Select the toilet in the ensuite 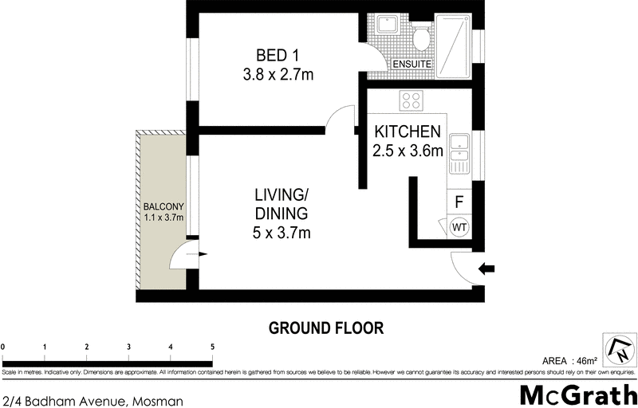(x=421, y=37)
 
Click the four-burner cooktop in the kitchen (x=411, y=101)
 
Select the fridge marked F (x=459, y=202)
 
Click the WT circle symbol (x=459, y=228)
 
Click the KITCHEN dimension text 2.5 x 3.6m (x=408, y=151)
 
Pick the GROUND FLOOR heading (x=325, y=327)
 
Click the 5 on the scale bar (x=212, y=347)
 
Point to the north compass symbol (x=620, y=349)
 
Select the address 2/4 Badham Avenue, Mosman (x=93, y=401)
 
